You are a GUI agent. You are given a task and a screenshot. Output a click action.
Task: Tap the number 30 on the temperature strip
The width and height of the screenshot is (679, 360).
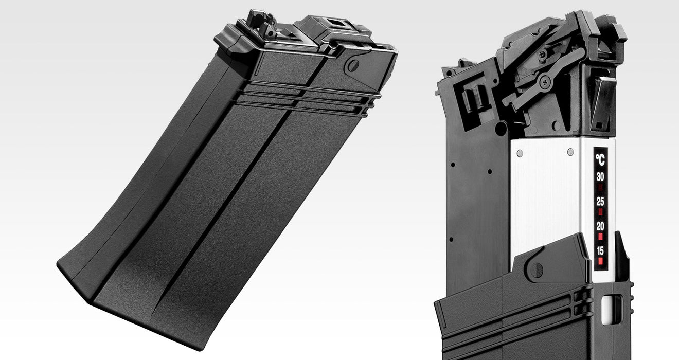600,177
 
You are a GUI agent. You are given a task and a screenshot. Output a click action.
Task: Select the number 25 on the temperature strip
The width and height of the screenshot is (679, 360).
600,202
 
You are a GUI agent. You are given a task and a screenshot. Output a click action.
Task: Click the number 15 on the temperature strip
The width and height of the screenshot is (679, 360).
600,251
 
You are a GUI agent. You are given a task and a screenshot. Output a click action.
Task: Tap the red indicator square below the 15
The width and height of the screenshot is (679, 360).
600,261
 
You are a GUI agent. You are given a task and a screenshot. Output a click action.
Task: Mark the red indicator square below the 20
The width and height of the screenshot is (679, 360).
600,237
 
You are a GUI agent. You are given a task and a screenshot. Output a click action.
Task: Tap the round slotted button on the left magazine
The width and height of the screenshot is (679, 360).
353,65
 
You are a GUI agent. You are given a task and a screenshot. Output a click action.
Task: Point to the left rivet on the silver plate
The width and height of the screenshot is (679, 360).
520,153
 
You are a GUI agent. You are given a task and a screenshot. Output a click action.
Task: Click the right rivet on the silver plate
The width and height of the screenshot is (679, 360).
570,152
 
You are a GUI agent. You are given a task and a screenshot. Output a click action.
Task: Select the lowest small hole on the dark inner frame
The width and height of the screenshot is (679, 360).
451,240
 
